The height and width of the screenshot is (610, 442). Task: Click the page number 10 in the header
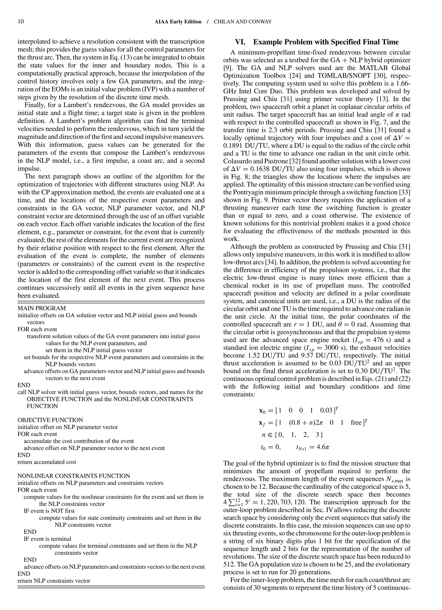click(21, 22)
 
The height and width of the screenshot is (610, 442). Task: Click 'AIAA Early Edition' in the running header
click(178, 22)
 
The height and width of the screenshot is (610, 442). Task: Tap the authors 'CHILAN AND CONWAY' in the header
click(243, 22)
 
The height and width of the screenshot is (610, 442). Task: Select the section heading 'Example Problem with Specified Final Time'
click(326, 42)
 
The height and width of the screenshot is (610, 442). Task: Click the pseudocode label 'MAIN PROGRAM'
click(41, 308)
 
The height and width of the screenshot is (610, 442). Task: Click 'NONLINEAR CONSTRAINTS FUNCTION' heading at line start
click(74, 476)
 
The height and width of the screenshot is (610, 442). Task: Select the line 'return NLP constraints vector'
click(54, 581)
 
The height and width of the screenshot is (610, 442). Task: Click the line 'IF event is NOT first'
click(49, 511)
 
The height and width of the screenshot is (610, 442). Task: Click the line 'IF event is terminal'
click(47, 539)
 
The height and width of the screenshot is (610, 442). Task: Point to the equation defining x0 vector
click(298, 410)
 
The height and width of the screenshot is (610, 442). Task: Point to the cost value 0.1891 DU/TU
click(244, 146)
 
